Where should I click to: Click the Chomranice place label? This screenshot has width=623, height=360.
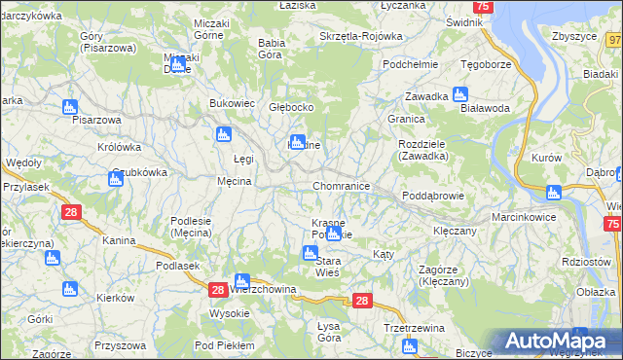click(341, 185)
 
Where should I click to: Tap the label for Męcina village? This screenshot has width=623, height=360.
click(235, 181)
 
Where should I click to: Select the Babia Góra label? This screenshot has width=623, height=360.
click(270, 49)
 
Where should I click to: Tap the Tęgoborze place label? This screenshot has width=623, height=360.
click(485, 64)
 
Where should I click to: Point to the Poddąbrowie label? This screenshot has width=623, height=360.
click(433, 196)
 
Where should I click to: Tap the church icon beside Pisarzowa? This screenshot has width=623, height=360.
click(68, 107)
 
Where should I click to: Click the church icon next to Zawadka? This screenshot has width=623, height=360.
click(460, 95)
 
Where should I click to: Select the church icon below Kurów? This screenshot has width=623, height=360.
click(554, 192)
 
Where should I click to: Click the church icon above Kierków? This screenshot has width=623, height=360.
click(68, 289)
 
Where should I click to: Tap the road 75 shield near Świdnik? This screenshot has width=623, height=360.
click(484, 6)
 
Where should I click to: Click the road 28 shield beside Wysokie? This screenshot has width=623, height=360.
click(218, 290)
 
